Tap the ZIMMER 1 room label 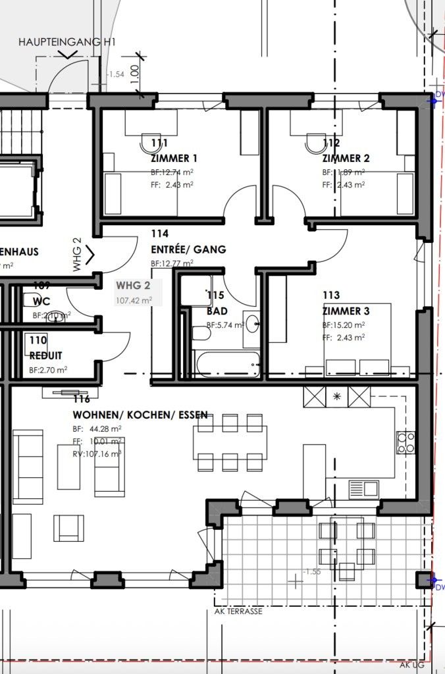174,158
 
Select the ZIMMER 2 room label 346,158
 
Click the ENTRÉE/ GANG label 188,249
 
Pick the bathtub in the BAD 223,364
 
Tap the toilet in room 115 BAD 201,334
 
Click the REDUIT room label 47,355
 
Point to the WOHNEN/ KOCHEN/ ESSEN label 140,415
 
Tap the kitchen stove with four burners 405,442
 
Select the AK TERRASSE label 238,611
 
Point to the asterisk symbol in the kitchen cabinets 338,396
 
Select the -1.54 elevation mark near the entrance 116,74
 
